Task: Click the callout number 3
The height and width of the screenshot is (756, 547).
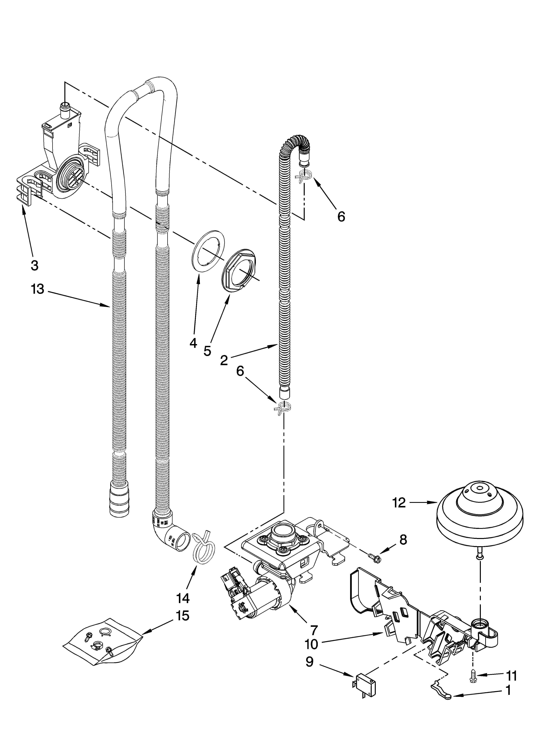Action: click(x=34, y=266)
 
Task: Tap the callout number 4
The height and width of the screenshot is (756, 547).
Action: click(x=193, y=343)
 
